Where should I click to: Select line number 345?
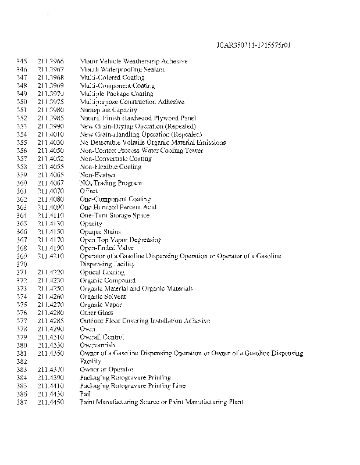tap(22, 61)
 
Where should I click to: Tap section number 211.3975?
tap(50, 102)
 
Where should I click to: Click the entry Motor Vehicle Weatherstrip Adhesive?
tap(133, 61)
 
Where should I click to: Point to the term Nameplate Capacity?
tap(108, 110)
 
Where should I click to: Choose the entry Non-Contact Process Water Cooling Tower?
tap(141, 151)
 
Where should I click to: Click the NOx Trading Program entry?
tap(110, 183)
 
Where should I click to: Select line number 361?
tap(22, 191)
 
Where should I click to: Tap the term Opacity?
tap(91, 223)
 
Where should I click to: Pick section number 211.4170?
tap(50, 239)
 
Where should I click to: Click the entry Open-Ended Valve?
tap(106, 248)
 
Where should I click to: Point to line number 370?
tap(22, 264)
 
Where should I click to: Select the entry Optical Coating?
tap(102, 272)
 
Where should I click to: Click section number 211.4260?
tap(50, 296)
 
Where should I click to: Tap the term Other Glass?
tap(96, 313)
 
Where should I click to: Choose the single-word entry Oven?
tap(87, 329)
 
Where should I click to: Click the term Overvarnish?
tap(97, 345)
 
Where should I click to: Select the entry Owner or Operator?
tap(106, 369)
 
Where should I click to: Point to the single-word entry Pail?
tap(85, 394)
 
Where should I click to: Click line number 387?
tap(22, 402)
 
